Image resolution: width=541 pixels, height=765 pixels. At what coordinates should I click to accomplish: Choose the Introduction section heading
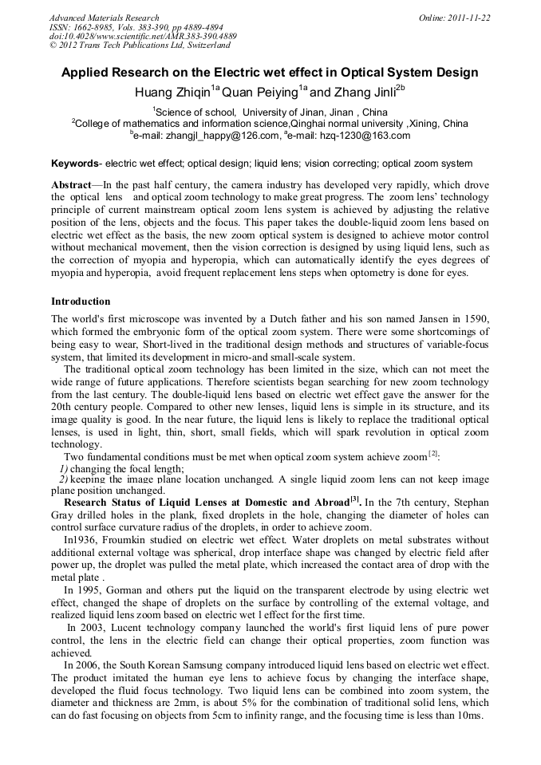(x=81, y=302)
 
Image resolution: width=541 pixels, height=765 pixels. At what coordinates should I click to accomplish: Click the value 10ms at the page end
(x=468, y=715)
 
